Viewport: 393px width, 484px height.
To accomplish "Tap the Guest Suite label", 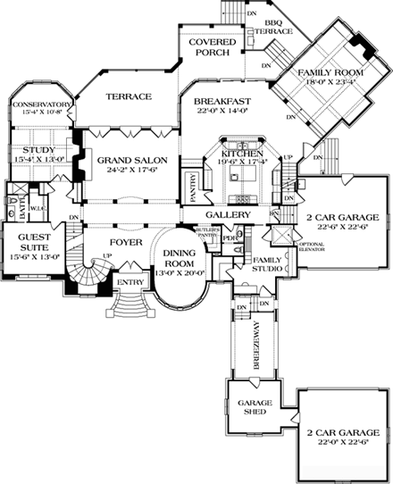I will point(31,244).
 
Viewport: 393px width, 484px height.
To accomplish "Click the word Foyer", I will point(124,241).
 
